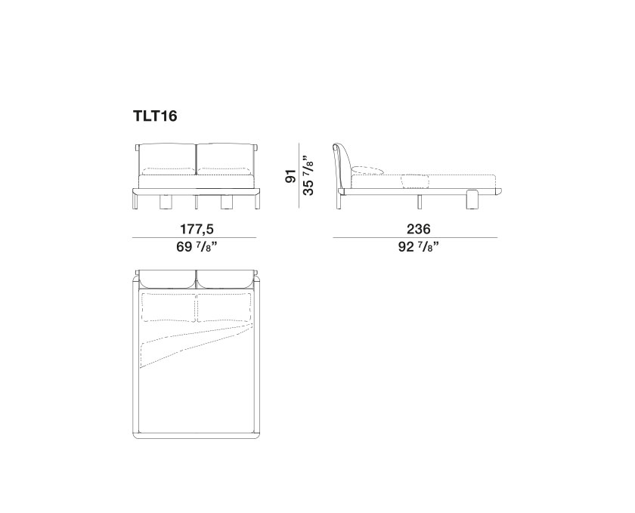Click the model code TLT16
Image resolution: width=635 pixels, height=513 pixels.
155,116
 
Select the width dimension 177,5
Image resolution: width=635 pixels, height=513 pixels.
197,229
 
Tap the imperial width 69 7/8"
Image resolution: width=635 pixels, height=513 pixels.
197,246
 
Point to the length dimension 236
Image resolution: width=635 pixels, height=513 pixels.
418,229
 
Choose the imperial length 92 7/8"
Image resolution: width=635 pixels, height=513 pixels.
418,246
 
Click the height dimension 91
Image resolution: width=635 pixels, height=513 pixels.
290,176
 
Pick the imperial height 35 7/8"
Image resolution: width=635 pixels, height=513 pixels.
308,175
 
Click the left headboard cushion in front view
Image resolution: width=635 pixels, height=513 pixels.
167,159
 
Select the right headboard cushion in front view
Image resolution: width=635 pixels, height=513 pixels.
225,159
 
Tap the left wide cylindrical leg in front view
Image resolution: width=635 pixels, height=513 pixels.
166,202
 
